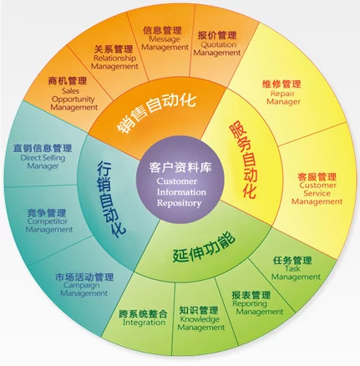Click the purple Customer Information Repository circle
[x=180, y=180]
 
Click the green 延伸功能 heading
[x=204, y=247]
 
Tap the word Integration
[x=144, y=323]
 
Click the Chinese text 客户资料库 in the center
[x=180, y=167]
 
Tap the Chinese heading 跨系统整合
[x=144, y=313]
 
